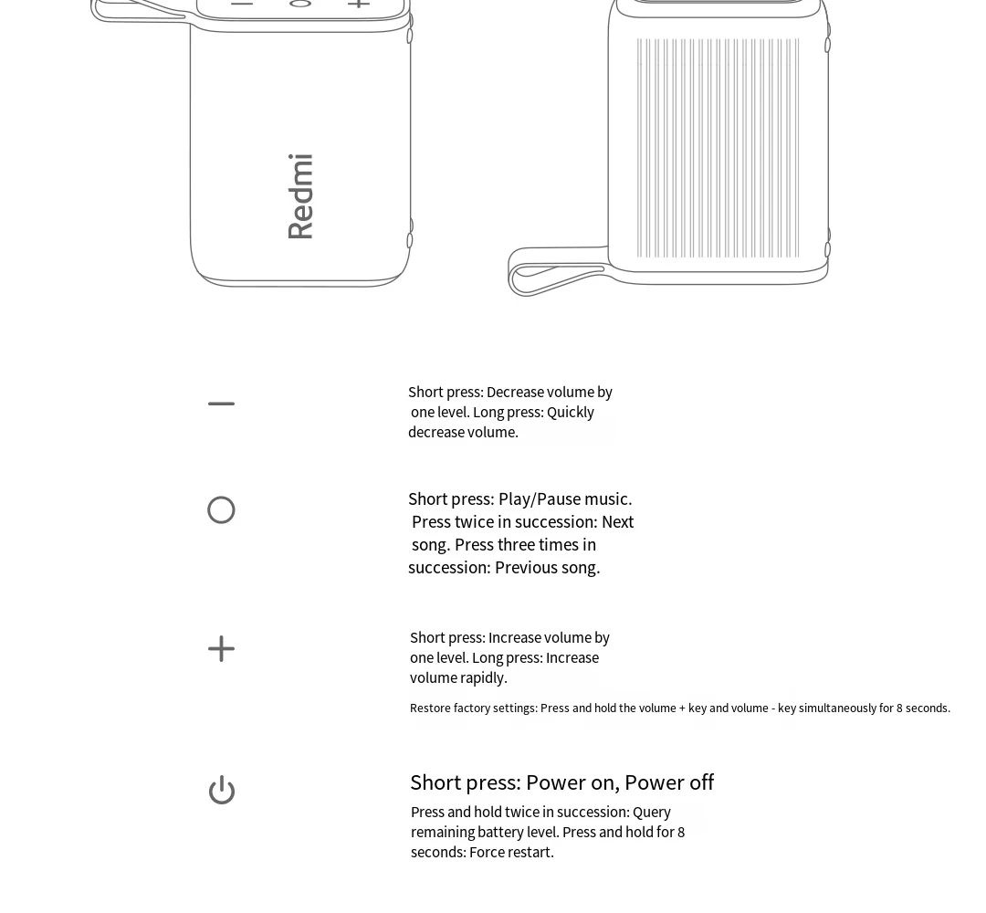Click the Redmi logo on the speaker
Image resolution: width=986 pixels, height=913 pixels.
[x=300, y=196]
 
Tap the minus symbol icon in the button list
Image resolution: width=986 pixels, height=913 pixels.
[x=221, y=404]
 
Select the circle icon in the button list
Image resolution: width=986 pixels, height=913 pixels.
[x=221, y=509]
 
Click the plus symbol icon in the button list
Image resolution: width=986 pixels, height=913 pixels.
[x=221, y=649]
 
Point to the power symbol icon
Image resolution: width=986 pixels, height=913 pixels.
[x=222, y=790]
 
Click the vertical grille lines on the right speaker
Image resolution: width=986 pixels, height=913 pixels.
[x=718, y=148]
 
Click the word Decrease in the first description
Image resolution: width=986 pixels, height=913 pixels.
[x=515, y=393]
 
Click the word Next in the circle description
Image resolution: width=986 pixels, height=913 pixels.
[x=617, y=522]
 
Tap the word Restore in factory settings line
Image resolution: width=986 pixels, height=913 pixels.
[x=430, y=708]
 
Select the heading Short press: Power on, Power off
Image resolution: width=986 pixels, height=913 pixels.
[x=561, y=782]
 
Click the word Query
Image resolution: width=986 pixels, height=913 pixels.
[x=652, y=813]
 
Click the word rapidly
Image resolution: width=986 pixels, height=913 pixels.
[x=484, y=678]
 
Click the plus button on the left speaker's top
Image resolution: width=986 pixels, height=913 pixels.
[x=359, y=4]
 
